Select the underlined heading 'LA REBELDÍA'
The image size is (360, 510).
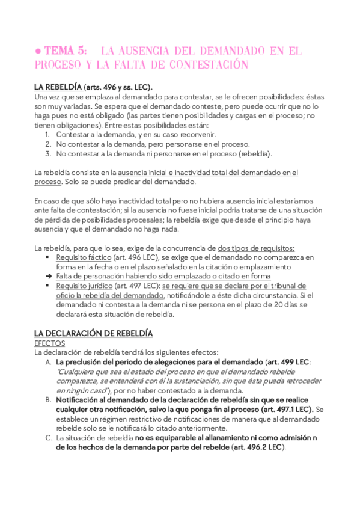coord(58,87)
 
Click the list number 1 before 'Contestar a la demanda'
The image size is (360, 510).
coord(47,135)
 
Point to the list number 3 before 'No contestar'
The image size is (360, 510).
coord(47,153)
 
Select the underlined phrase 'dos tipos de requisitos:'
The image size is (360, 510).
coord(256,248)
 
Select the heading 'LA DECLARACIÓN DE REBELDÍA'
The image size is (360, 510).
coord(93,333)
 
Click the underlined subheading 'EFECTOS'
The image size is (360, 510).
coord(50,343)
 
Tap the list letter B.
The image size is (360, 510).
coord(48,400)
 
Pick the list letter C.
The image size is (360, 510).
coord(48,438)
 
